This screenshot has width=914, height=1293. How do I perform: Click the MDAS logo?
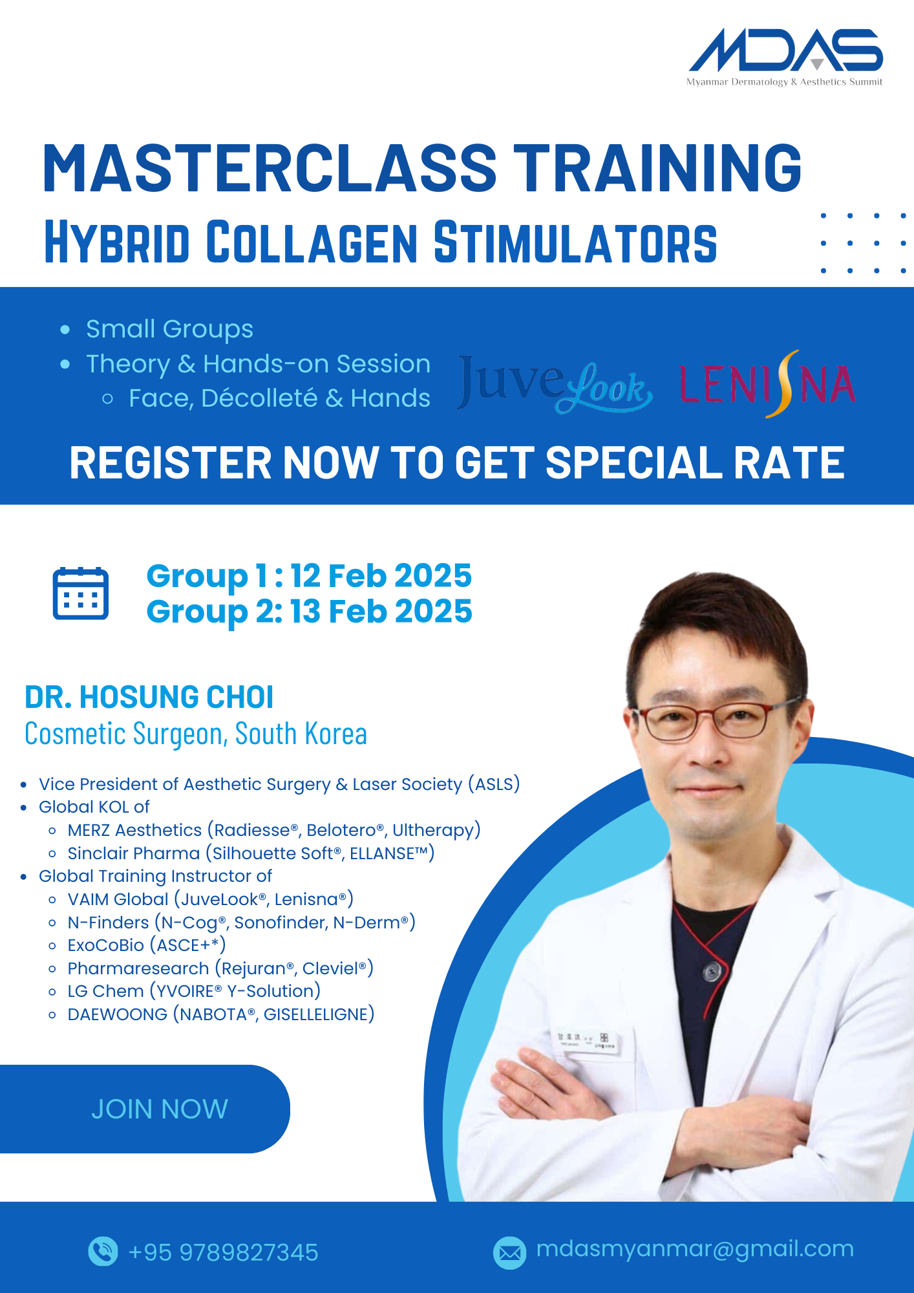point(785,57)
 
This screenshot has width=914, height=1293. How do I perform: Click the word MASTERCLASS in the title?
point(270,168)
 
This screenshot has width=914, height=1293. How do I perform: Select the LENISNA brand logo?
point(767,384)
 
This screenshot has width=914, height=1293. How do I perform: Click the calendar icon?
point(80,593)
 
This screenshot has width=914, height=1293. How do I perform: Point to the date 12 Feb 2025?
point(381,575)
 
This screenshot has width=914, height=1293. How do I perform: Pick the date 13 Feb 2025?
point(381,611)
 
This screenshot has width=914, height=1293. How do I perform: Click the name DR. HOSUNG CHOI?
point(149,697)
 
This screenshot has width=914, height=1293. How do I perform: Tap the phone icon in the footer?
point(103,1251)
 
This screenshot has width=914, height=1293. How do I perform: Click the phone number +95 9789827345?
point(224,1252)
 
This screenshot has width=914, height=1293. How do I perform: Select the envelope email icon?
point(509,1253)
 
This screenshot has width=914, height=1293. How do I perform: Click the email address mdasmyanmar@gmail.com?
point(695,1249)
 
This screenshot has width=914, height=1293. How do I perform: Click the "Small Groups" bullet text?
point(169,329)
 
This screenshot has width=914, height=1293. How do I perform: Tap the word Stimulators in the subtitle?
point(575,242)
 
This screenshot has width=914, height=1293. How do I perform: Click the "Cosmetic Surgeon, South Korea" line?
point(196,734)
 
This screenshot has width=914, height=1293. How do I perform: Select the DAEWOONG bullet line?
point(221,1014)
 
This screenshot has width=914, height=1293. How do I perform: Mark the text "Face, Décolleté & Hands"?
point(279,398)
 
